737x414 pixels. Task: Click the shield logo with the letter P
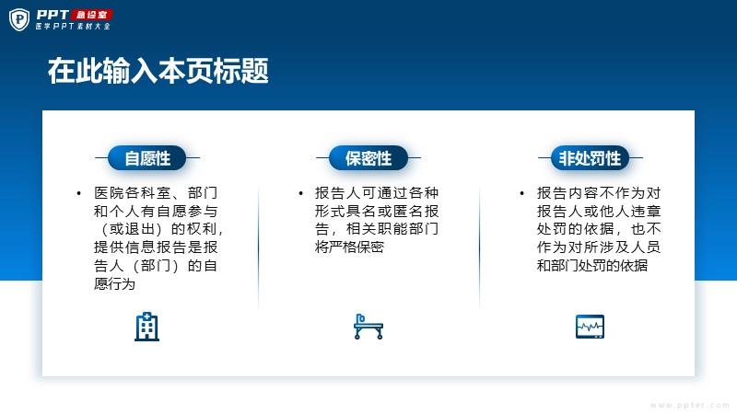pos(19,19)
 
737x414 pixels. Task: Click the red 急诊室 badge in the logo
pos(91,15)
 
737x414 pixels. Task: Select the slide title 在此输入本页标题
pos(158,71)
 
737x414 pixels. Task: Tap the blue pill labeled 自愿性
pos(147,158)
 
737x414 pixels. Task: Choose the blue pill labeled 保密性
pos(368,158)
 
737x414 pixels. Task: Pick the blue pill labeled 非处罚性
pos(590,158)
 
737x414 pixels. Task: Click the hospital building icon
pos(147,327)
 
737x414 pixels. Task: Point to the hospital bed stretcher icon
pos(368,327)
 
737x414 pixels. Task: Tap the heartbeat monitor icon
pos(590,327)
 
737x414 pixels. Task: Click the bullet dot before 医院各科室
pos(78,193)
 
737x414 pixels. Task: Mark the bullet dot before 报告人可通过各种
pos(300,193)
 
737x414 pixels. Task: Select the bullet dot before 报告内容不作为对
pos(521,193)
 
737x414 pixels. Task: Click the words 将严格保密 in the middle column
pos(349,247)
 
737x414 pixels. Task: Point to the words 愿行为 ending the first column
pos(114,283)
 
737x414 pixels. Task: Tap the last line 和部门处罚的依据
pos(592,265)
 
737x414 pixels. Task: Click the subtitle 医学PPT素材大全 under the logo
pos(73,27)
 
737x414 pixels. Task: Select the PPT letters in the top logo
pos(53,15)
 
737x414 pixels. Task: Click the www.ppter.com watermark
pos(689,405)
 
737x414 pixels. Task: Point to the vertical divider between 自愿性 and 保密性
pos(258,247)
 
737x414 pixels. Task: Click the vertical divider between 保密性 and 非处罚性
pos(479,247)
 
